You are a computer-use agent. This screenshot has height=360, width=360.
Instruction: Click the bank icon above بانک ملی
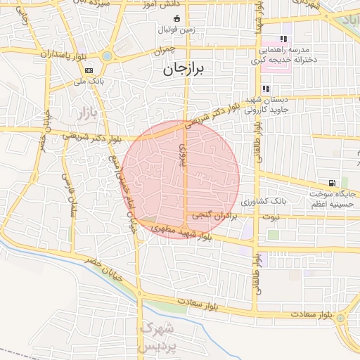89,71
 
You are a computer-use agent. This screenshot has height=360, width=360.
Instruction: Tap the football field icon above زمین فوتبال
176,18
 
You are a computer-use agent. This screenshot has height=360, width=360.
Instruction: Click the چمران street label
163,51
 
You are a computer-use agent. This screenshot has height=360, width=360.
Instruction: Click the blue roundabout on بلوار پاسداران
107,56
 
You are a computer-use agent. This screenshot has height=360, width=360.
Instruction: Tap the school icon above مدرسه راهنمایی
283,39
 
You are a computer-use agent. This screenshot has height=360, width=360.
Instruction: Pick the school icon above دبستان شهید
266,89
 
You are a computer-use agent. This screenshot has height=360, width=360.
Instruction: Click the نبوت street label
269,217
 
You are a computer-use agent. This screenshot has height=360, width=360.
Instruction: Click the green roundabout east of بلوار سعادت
340,319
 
